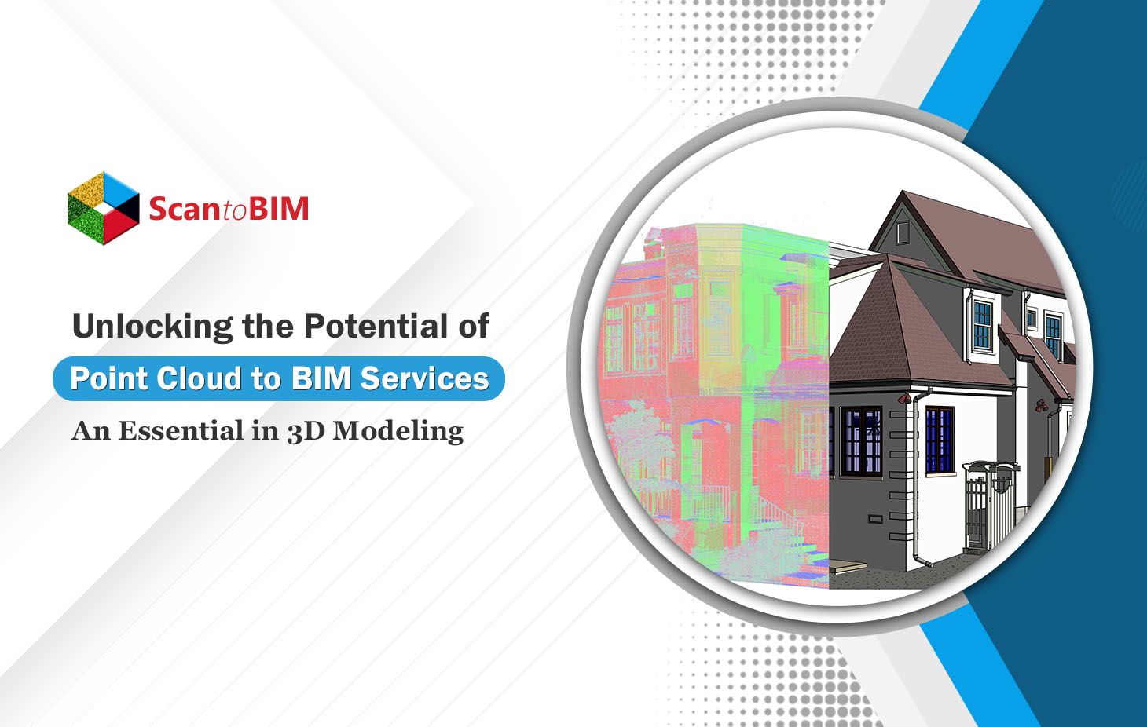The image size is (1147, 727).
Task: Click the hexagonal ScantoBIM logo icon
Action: (x=104, y=209)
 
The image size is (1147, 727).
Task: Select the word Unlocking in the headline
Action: (x=152, y=327)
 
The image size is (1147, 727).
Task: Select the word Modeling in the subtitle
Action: (x=398, y=431)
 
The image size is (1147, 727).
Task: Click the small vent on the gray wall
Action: (x=876, y=519)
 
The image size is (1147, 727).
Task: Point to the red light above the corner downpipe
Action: (x=904, y=397)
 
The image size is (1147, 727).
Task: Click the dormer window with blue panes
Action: (x=983, y=325)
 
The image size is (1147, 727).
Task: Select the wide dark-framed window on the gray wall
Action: (x=862, y=440)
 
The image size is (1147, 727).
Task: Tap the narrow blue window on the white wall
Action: (x=939, y=440)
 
